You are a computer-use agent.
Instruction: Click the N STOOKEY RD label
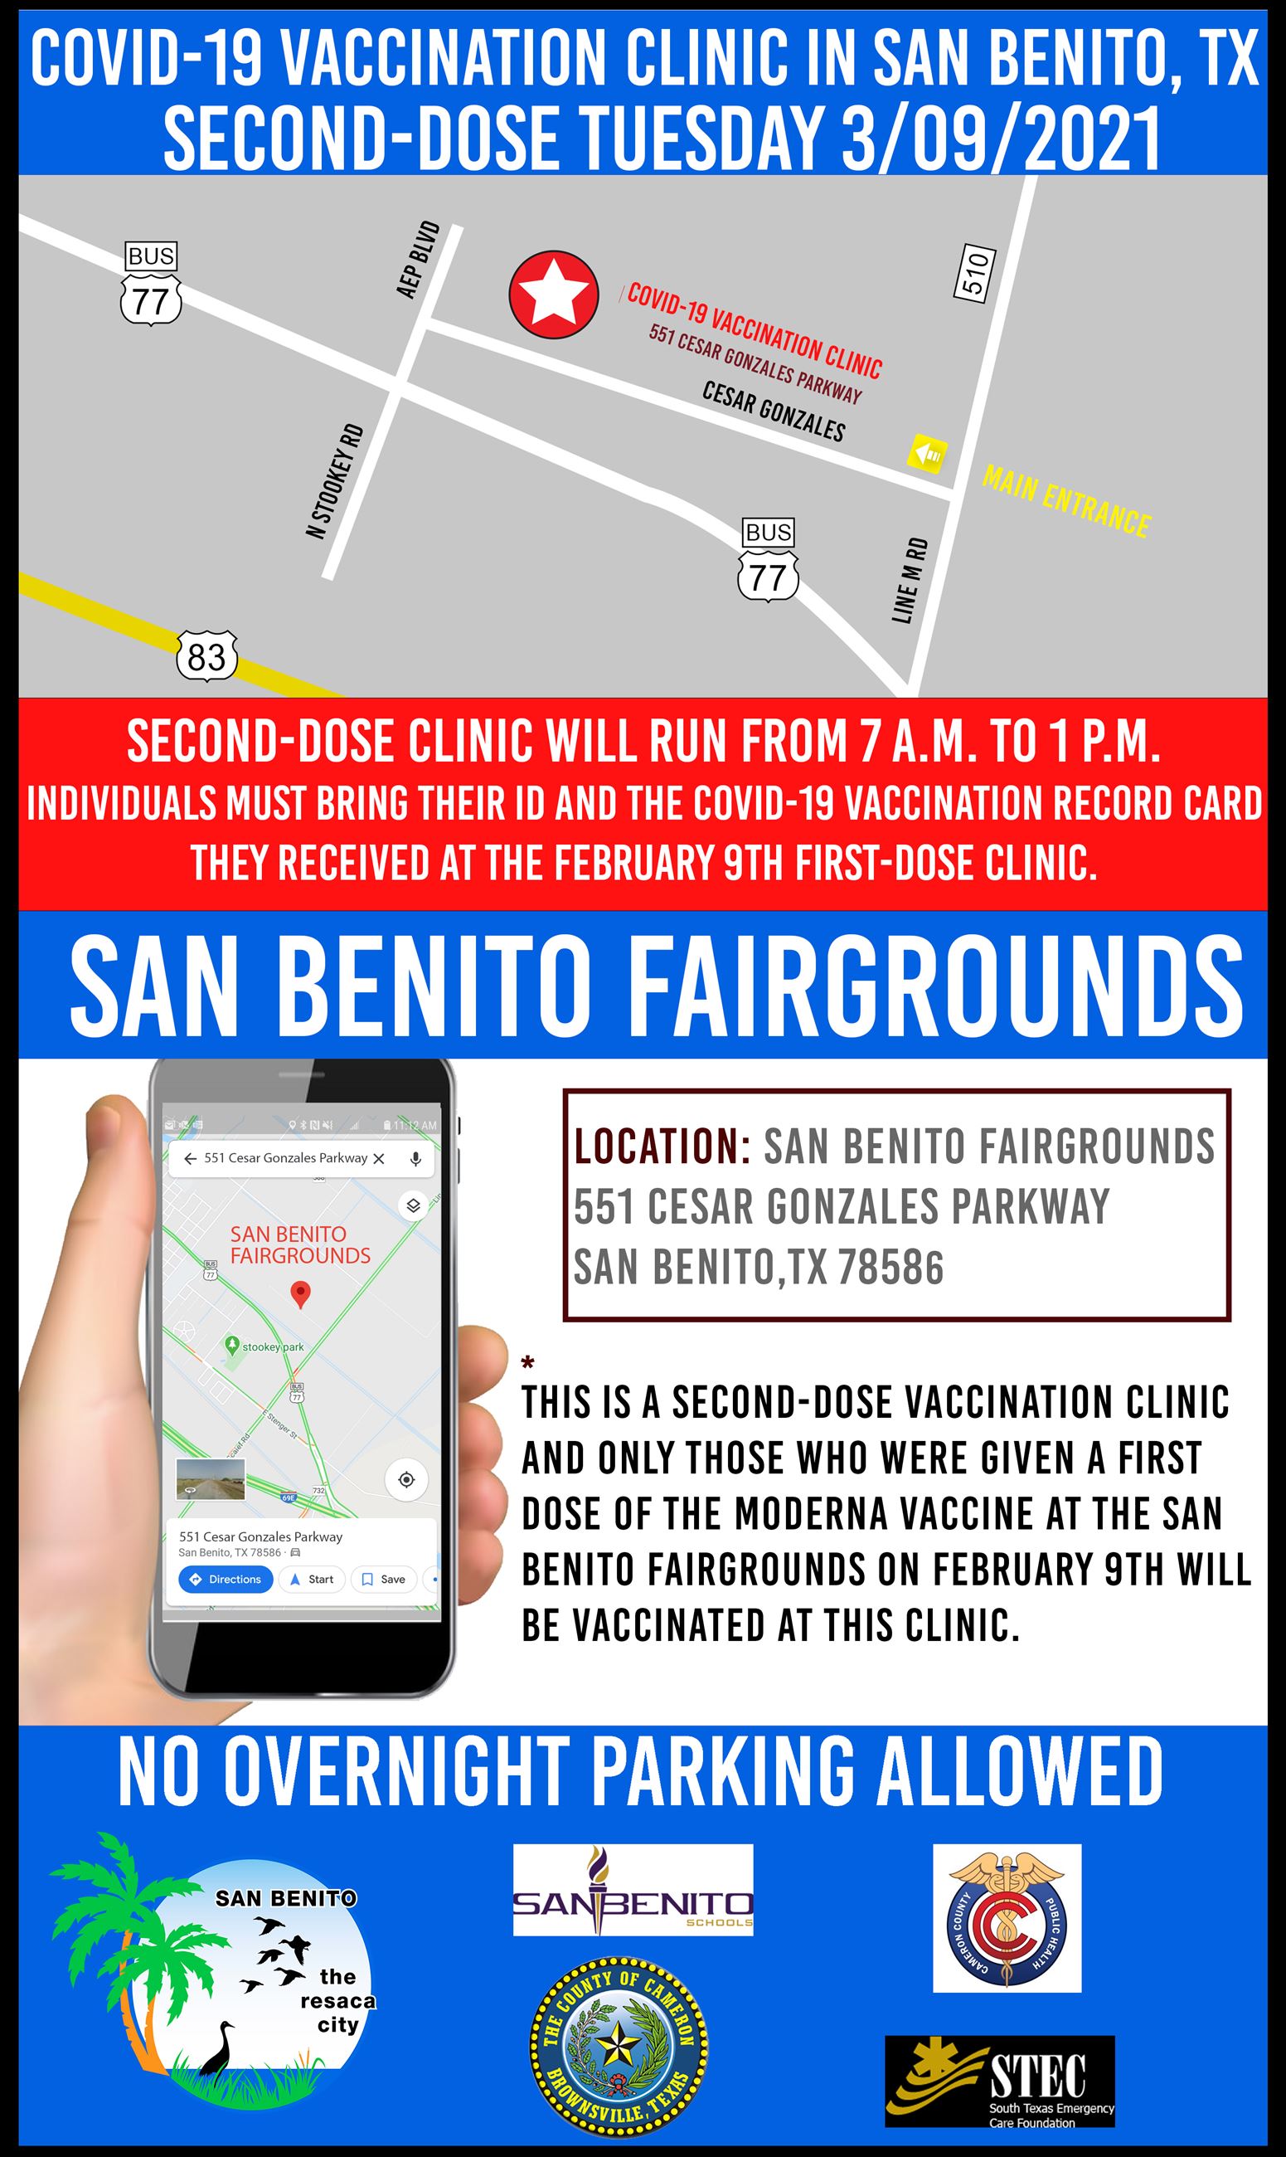[x=334, y=481]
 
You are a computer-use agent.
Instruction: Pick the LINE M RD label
[x=910, y=580]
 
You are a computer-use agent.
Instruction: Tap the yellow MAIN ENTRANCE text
[x=1066, y=501]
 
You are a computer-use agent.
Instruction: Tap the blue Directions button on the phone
[x=226, y=1579]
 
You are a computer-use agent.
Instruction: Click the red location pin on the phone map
[x=300, y=1296]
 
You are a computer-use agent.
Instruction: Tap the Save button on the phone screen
[x=384, y=1579]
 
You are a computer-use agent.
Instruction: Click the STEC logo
[x=999, y=2082]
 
